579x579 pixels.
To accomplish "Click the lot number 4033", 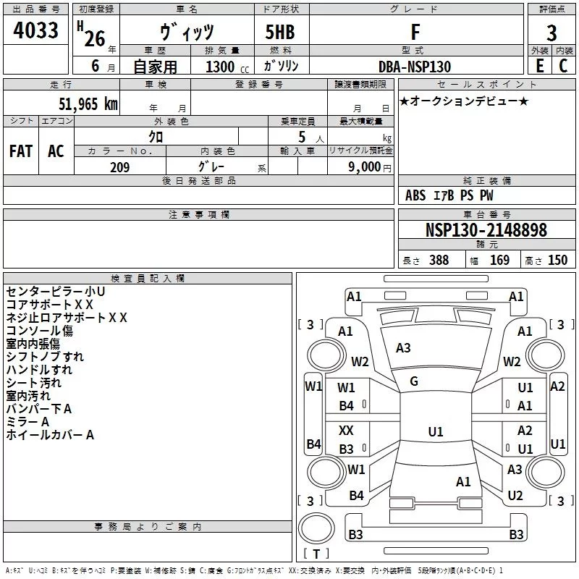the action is [x=35, y=30].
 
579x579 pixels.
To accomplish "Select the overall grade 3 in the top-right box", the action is [x=551, y=33].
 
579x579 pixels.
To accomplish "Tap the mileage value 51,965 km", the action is [x=88, y=103].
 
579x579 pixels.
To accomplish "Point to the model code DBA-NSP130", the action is [x=415, y=67].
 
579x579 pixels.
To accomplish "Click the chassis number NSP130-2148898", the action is [x=486, y=229].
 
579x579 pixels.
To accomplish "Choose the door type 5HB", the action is [x=280, y=32].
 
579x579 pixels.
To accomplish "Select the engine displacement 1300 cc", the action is [x=227, y=67].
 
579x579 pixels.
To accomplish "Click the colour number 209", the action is [x=119, y=167].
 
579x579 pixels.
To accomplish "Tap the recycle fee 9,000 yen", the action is [x=370, y=167].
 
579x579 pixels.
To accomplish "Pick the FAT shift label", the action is [x=21, y=151].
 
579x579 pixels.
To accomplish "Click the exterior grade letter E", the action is [x=540, y=66].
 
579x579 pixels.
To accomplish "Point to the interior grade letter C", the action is [x=563, y=66].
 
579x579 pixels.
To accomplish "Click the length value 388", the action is [x=439, y=260].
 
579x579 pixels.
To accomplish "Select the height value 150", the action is [x=557, y=260].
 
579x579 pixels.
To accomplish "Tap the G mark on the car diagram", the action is [x=414, y=381].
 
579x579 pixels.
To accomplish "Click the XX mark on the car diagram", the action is [x=346, y=430].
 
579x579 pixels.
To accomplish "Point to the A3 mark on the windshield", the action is [x=403, y=348].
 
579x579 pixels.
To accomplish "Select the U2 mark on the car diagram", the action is [x=515, y=495].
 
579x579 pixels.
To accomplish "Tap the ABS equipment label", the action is [x=415, y=195].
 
